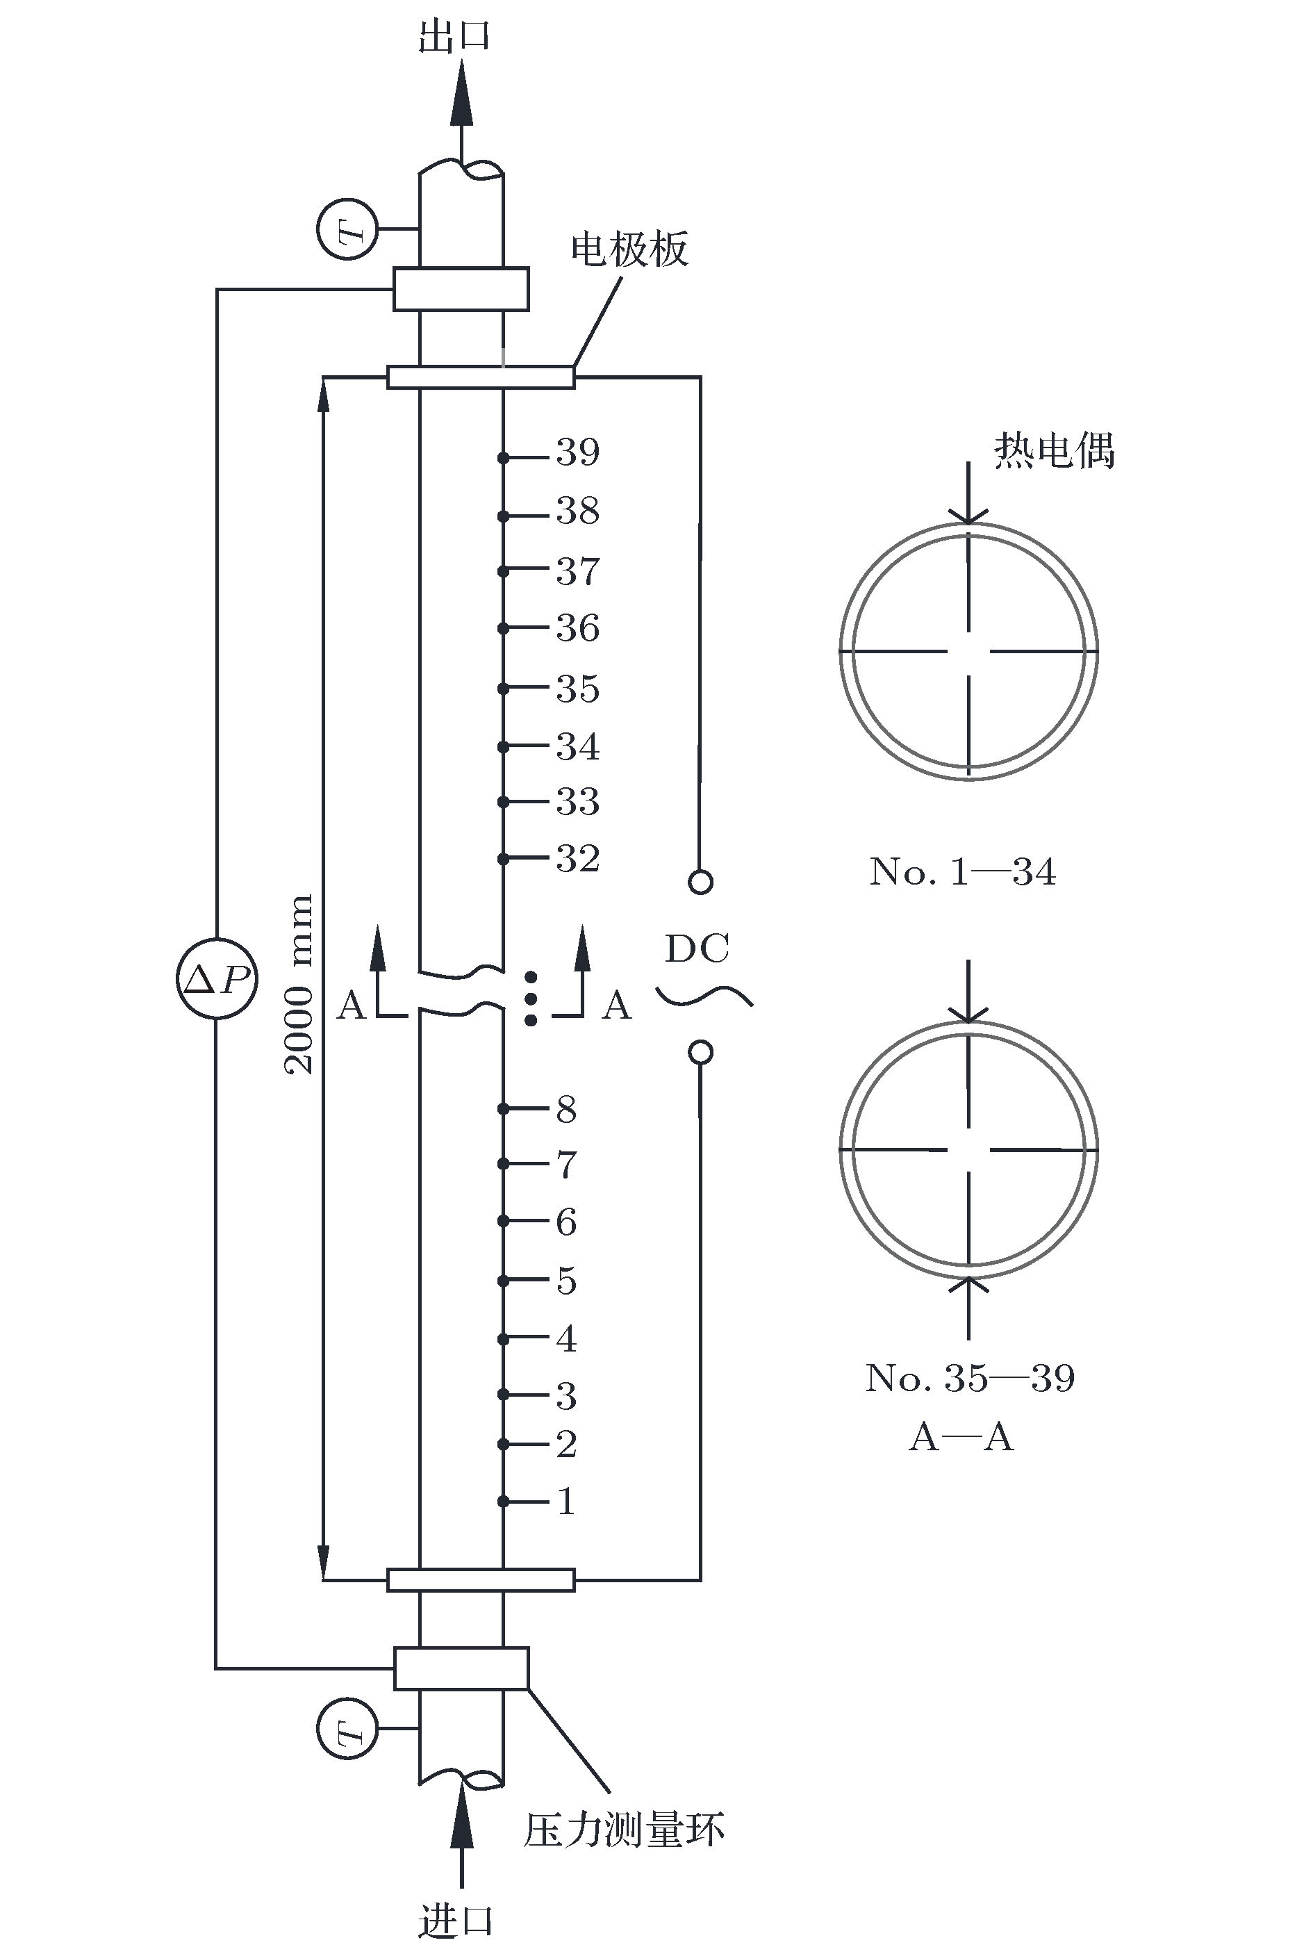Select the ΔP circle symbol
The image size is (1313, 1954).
[x=217, y=978]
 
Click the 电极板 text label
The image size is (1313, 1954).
[x=629, y=249]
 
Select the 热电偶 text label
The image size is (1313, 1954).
[x=1055, y=450]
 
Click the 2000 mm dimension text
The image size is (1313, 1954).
[x=298, y=985]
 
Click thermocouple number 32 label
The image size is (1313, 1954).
[x=578, y=858]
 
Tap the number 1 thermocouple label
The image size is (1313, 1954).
[x=567, y=1501]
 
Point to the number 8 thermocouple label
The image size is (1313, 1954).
[x=567, y=1109]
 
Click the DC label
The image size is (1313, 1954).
[x=697, y=949]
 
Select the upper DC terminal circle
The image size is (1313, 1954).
[x=700, y=882]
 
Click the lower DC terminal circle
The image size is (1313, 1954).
[x=700, y=1052]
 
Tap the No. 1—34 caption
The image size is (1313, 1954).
[x=963, y=872]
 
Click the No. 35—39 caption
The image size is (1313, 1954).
[x=970, y=1378]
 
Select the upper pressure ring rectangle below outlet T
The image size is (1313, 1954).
[x=461, y=289]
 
